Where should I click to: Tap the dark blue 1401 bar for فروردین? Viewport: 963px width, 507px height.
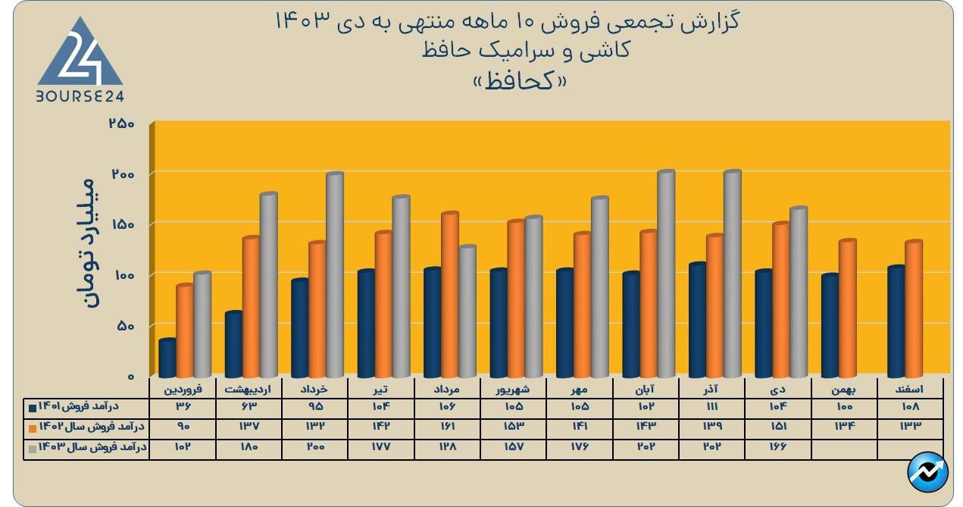click(x=167, y=358)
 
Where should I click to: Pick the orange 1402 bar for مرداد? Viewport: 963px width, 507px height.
click(x=450, y=295)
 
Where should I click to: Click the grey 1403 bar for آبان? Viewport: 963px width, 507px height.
click(x=666, y=274)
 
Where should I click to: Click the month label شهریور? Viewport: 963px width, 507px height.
click(x=513, y=389)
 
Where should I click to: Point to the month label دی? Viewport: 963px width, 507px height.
click(x=778, y=389)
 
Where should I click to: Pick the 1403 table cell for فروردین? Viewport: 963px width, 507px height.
click(x=183, y=447)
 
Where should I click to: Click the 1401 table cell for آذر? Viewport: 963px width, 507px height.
click(x=711, y=407)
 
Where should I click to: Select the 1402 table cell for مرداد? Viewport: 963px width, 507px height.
click(x=447, y=427)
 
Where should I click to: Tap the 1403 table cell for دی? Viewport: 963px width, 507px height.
click(x=778, y=447)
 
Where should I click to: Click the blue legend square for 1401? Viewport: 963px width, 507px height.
click(x=33, y=408)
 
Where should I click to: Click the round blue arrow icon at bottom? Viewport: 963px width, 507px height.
click(x=927, y=473)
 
